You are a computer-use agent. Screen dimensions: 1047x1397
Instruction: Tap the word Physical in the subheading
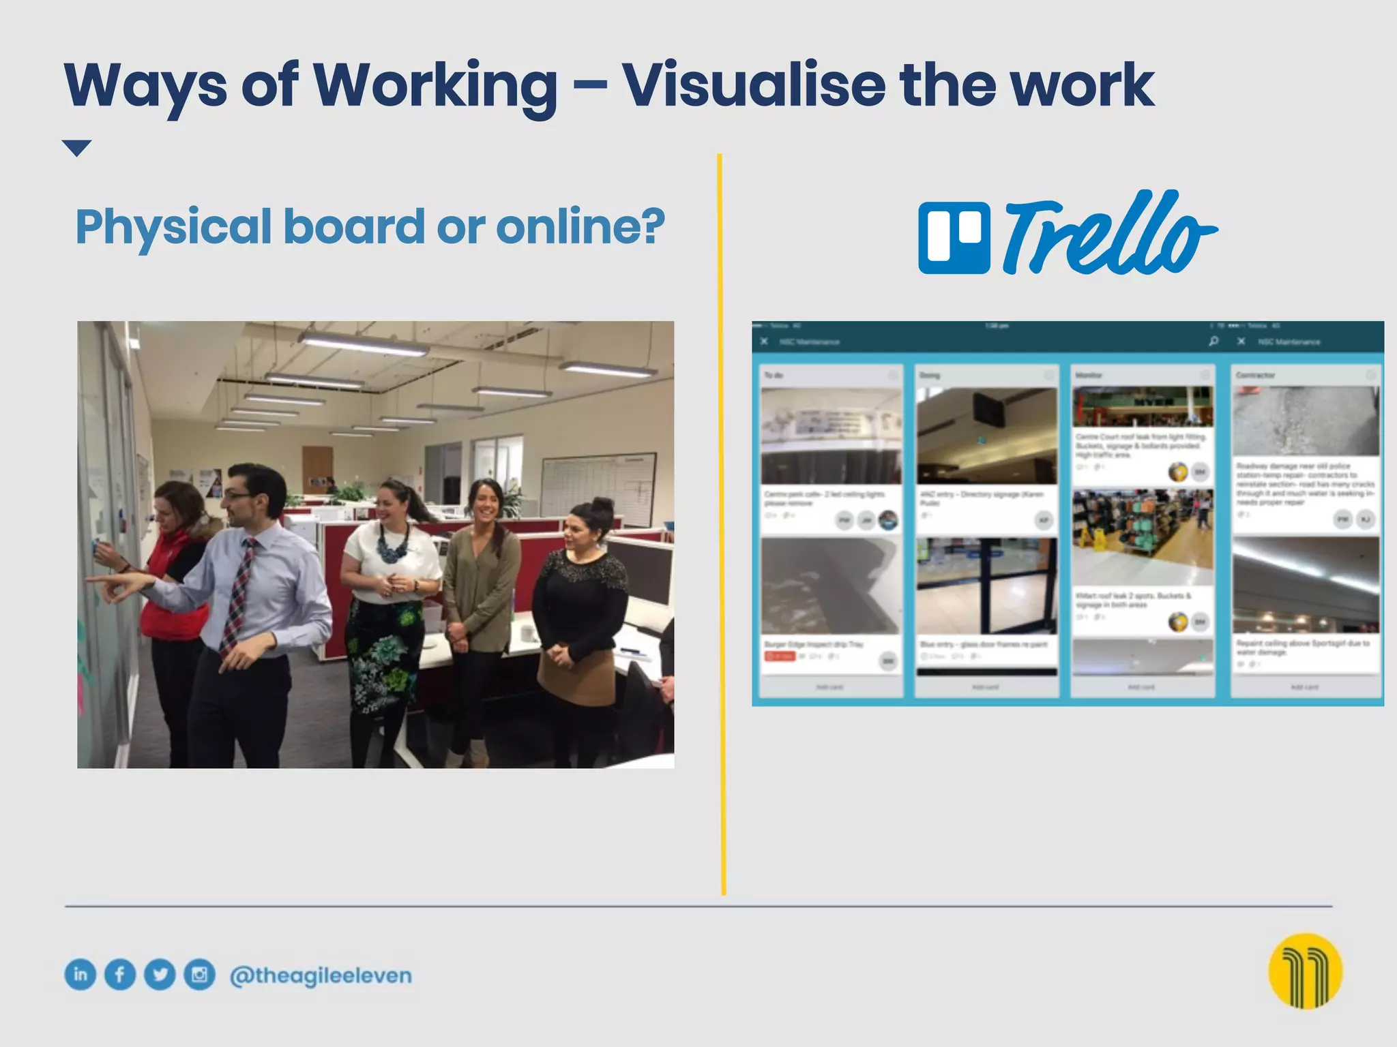point(173,228)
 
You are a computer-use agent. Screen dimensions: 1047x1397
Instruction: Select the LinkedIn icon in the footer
point(80,974)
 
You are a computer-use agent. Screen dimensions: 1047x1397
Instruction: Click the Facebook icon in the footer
point(120,974)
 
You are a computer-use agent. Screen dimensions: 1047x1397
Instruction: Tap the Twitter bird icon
point(160,974)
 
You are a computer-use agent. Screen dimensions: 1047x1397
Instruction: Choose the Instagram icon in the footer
point(199,974)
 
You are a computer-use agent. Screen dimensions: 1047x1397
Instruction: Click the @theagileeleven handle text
point(321,975)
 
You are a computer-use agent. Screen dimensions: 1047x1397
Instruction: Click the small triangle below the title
point(76,147)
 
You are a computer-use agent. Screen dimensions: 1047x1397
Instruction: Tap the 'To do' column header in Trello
point(774,375)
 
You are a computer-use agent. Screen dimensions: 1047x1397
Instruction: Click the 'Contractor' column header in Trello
point(1255,375)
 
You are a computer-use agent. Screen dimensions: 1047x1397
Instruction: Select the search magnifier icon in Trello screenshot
point(1214,341)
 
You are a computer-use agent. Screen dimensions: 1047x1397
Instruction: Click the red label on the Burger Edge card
point(780,656)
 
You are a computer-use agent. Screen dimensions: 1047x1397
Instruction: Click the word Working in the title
point(435,87)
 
